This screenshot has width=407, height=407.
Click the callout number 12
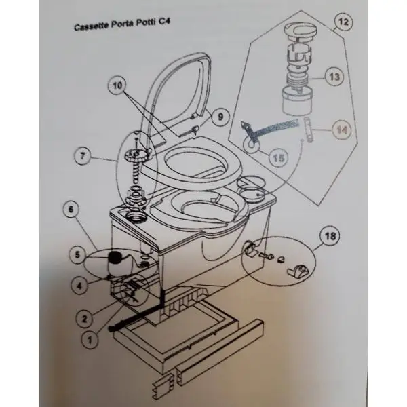pyautogui.click(x=343, y=22)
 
